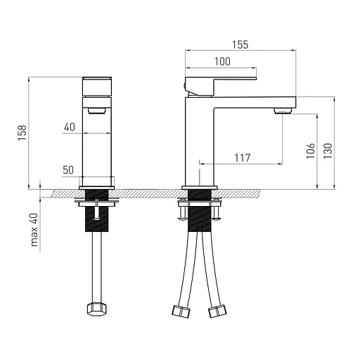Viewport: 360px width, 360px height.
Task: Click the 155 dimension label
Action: [240, 44]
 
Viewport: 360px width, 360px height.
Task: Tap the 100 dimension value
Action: [222, 62]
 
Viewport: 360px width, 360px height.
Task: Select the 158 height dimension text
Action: [22, 133]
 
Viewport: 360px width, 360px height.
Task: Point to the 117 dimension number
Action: [243, 157]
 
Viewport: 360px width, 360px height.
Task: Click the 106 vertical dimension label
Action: [311, 151]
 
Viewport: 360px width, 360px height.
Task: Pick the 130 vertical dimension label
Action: [328, 151]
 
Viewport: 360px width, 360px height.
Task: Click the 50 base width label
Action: [68, 170]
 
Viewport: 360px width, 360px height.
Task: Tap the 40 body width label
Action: [70, 127]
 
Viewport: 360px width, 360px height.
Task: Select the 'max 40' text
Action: [34, 230]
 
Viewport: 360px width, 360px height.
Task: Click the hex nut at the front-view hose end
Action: [97, 309]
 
